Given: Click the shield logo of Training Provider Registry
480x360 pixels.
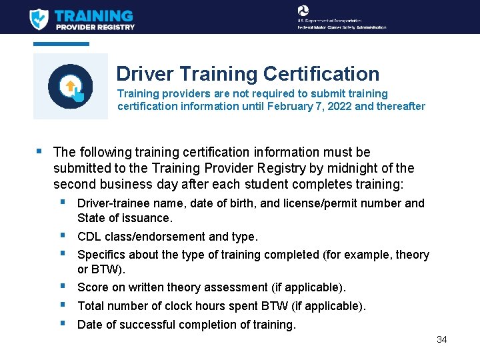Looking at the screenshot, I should tap(39, 18).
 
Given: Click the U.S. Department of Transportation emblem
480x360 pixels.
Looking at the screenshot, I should tap(303, 11).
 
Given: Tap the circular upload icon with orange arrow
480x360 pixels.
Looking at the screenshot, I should tap(70, 87).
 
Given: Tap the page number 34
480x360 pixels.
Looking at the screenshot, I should tap(441, 339).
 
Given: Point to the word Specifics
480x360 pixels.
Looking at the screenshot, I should tap(101, 255).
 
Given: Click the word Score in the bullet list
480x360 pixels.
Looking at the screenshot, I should tap(92, 287).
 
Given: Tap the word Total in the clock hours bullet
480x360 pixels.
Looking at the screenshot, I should tap(91, 306).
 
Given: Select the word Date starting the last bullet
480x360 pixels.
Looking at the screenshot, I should tap(90, 325).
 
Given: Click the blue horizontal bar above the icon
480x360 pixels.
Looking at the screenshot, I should tap(61, 44).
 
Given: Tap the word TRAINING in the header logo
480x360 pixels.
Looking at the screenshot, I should tap(93, 15).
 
